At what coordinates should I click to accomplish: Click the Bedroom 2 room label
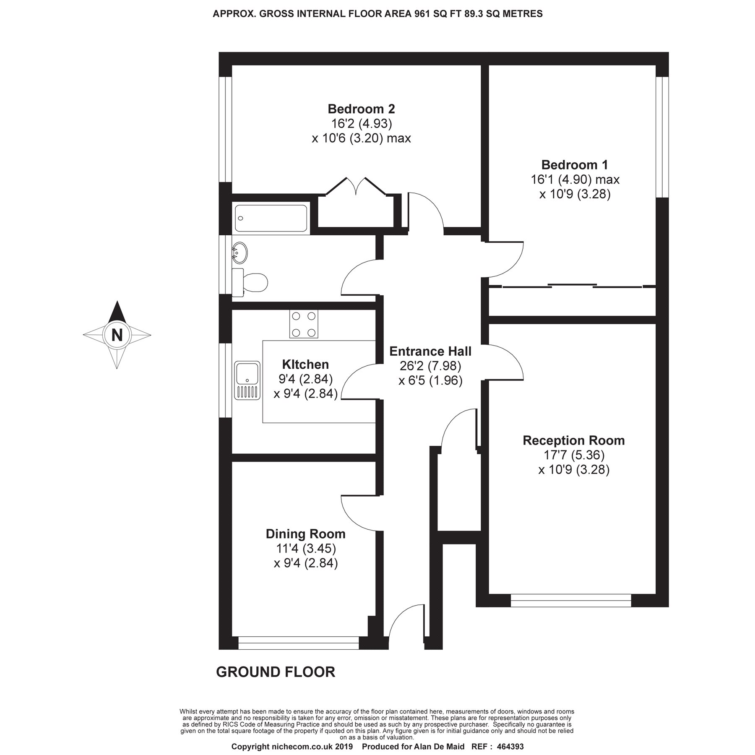coord(361,109)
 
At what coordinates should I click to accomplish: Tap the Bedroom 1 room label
coord(575,164)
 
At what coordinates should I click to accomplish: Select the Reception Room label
coord(574,440)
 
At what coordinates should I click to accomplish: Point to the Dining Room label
coord(306,534)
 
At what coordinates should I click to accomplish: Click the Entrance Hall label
coord(430,351)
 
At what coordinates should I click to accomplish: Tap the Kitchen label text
coord(305,364)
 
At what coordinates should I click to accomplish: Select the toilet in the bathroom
coord(250,282)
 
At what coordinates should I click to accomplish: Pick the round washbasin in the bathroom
coord(240,253)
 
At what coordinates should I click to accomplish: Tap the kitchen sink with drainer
coord(247,380)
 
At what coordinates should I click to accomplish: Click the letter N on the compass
coord(117,335)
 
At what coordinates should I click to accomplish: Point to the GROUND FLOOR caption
coord(276,672)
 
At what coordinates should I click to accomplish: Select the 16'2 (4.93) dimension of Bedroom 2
coord(361,123)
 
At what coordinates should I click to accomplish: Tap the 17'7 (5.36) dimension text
coord(574,455)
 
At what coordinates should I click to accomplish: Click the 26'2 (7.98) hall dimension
coord(430,366)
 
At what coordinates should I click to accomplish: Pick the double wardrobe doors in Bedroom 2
coord(357,187)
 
